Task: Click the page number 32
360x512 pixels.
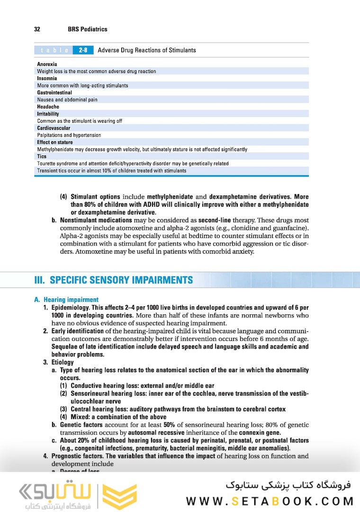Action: tap(37, 29)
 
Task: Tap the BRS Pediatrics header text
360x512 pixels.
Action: tap(88, 29)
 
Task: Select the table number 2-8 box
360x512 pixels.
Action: tap(82, 50)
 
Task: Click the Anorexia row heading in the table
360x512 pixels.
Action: tap(47, 64)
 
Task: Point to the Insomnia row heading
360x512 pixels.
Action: tap(47, 78)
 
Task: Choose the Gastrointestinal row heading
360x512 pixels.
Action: tap(54, 92)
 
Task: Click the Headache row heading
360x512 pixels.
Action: tap(48, 107)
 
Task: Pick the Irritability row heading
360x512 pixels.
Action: tap(48, 114)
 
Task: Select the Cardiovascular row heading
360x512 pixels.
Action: tap(54, 128)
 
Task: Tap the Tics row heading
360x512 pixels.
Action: tap(42, 156)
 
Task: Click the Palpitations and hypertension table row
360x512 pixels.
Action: tap(69, 135)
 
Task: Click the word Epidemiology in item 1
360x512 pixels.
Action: tap(69, 308)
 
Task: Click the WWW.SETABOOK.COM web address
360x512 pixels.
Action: tap(270, 501)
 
